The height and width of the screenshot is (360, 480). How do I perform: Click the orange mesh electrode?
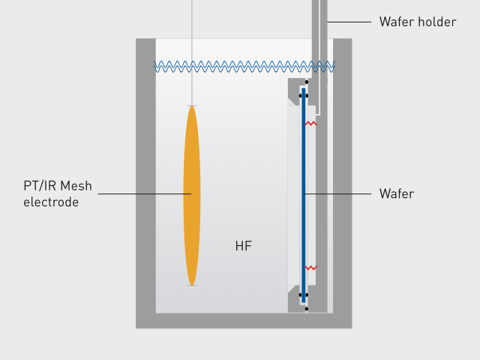192,195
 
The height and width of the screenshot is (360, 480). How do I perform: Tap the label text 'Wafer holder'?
417,22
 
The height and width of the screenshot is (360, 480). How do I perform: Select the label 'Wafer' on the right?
396,194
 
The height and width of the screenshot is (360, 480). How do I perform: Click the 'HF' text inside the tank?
243,246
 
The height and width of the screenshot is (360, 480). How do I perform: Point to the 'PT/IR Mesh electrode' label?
58,194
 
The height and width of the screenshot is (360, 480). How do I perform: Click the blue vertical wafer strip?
304,195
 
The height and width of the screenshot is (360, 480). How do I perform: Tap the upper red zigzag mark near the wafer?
310,124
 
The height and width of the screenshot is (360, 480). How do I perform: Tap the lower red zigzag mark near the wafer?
310,267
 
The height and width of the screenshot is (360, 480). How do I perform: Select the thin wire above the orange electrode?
193,52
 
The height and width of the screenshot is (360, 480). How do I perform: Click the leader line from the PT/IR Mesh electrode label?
142,194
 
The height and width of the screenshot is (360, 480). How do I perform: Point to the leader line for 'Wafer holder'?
349,22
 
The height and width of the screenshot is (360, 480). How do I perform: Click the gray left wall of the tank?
145,180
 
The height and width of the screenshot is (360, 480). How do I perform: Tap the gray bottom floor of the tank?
244,321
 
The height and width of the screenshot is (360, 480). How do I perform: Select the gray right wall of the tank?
342,180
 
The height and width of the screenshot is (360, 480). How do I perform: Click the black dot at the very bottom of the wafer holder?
307,308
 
